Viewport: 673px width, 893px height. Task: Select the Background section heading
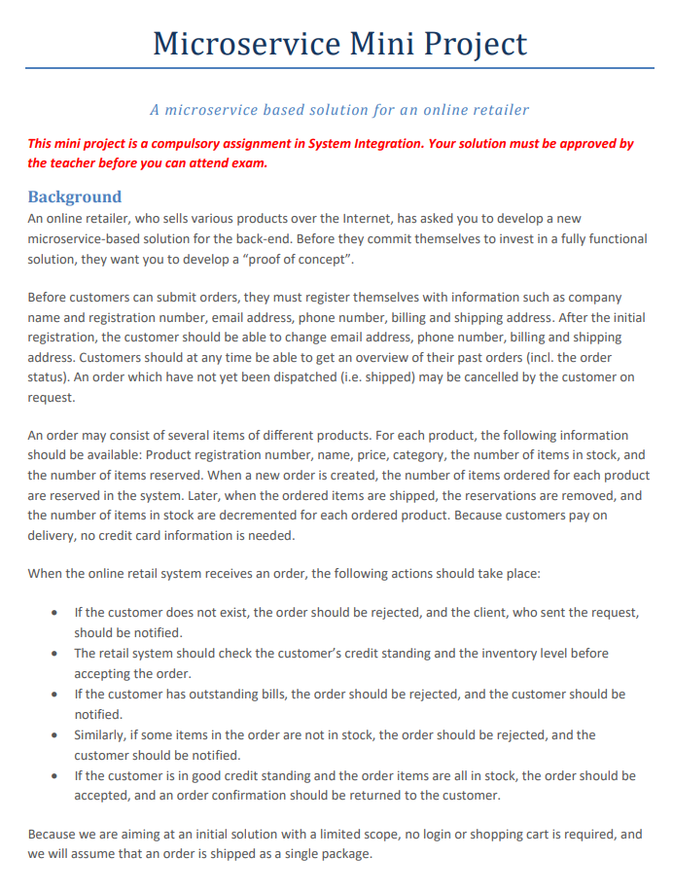[74, 196]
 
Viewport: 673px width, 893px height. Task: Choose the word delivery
[53, 534]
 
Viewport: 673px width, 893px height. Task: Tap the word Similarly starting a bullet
[103, 734]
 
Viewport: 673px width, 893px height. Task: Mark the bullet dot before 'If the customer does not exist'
[53, 613]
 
